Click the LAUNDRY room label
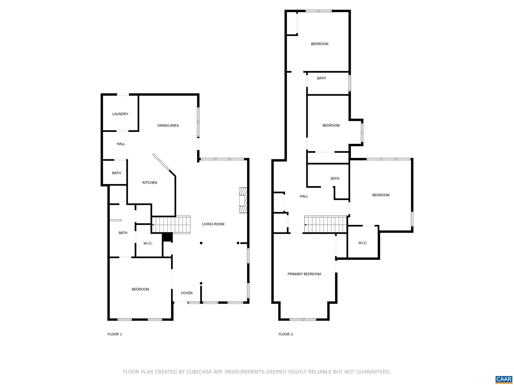click(120, 114)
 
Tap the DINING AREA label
click(168, 126)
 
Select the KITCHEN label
click(150, 183)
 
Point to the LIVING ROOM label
click(213, 224)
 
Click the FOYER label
click(187, 293)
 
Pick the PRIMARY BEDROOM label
click(304, 274)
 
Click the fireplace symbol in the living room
click(243, 200)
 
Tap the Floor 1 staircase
click(171, 225)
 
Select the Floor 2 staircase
click(326, 225)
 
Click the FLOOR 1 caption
click(115, 334)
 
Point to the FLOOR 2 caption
click(286, 334)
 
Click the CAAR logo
click(504, 379)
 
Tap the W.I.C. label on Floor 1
click(148, 243)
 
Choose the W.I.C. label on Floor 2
click(363, 243)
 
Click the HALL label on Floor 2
click(304, 196)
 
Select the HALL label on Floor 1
click(121, 144)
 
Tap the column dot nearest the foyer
click(201, 283)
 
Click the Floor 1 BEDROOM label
click(140, 289)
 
